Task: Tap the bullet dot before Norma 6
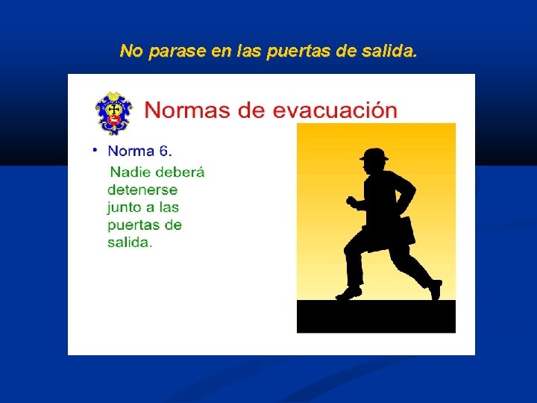95,149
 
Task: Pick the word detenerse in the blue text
142,190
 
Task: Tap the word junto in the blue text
125,207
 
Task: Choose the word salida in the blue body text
128,243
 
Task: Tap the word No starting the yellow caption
131,51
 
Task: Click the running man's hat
374,155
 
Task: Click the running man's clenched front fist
351,201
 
